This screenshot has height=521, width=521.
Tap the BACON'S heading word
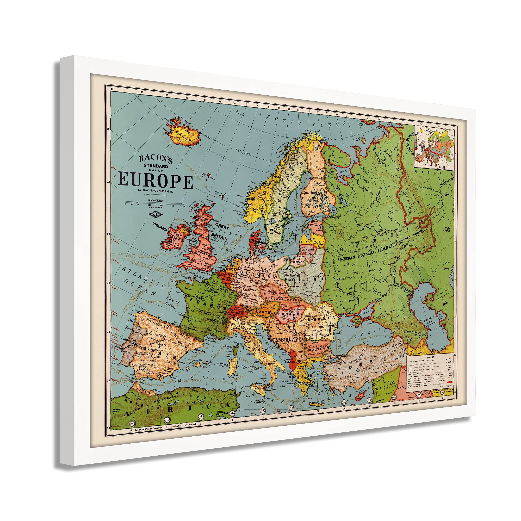pos(156,159)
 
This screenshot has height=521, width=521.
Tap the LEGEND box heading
pos(430,357)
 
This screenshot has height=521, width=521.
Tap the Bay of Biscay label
pos(173,303)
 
